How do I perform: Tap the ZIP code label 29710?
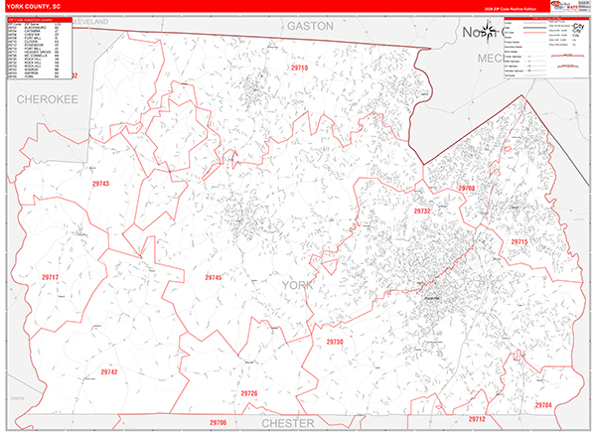click(x=300, y=68)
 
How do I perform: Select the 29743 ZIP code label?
click(x=99, y=185)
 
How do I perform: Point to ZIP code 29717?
click(x=51, y=277)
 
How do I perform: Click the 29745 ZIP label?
click(x=211, y=277)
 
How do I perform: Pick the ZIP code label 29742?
click(x=108, y=371)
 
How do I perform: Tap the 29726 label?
click(x=248, y=393)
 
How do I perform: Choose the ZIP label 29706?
click(x=218, y=422)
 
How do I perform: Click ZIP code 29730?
click(x=335, y=342)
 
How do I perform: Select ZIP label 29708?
click(x=466, y=188)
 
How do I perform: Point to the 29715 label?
click(x=520, y=241)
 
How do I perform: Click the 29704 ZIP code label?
click(x=542, y=404)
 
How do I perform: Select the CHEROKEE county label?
click(x=47, y=100)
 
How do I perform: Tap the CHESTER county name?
click(x=294, y=423)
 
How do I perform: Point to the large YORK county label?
click(x=304, y=286)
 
